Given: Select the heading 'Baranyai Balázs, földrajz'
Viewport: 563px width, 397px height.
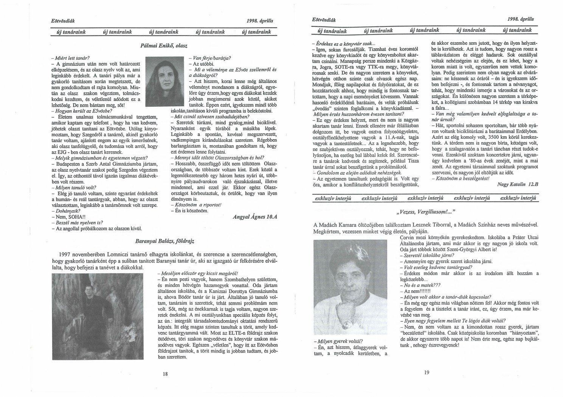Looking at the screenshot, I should tap(167, 240).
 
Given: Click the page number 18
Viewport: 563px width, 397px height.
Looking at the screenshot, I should tap(165, 374).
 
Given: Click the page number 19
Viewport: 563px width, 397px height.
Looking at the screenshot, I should tap(427, 372).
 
